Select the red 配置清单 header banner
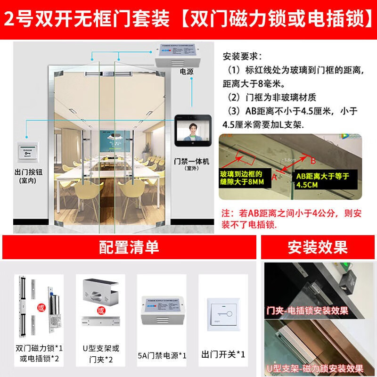tap(129, 247)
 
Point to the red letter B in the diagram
tap(311, 160)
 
